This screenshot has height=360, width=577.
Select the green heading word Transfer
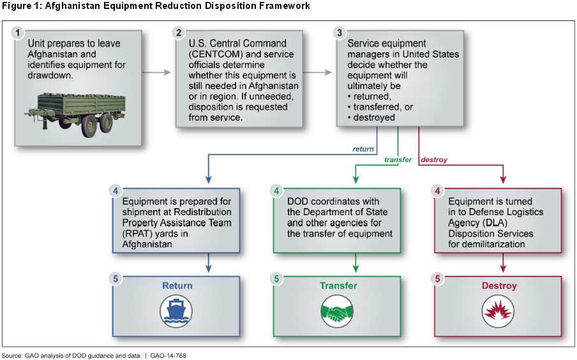pos(338,286)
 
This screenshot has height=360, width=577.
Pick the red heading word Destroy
pos(499,286)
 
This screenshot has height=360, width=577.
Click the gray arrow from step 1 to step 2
pos(156,73)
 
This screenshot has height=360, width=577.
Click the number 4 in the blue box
pos(115,191)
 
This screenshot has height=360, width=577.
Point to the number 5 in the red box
pos(437,279)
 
